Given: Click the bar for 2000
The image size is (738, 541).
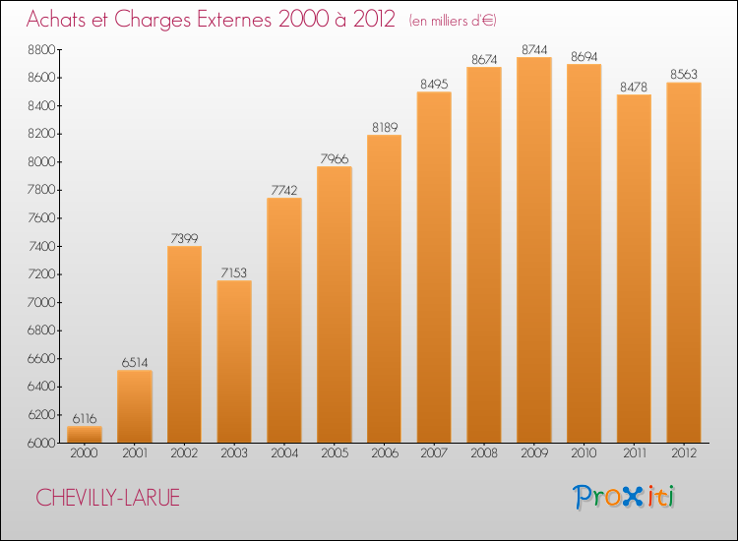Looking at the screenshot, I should (x=84, y=434).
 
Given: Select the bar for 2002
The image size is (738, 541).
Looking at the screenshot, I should (x=184, y=344).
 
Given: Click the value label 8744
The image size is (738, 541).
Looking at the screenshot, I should (x=534, y=48).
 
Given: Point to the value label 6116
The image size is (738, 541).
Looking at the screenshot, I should (x=84, y=417).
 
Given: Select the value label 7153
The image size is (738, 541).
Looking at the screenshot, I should (x=234, y=271).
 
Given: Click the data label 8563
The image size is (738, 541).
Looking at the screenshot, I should (x=684, y=73).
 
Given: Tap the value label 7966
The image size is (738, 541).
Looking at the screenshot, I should (x=335, y=157).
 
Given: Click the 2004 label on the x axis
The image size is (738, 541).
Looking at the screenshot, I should (x=284, y=453).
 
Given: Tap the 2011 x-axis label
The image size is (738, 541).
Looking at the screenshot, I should (x=634, y=453).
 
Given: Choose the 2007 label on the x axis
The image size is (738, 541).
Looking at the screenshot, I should (x=434, y=453).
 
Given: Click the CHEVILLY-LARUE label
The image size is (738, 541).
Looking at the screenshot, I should (x=108, y=498).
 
